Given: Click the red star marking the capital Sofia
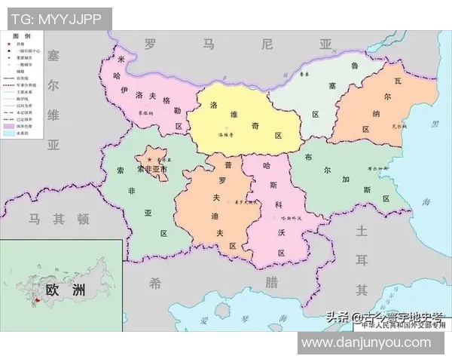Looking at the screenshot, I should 150,161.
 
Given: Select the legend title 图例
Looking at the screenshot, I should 22,36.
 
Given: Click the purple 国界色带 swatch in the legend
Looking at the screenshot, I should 10,124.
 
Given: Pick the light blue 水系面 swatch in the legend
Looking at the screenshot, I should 10,133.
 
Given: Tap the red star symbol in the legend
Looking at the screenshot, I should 10,45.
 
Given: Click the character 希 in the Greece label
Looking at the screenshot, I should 154,283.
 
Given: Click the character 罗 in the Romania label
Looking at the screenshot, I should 150,44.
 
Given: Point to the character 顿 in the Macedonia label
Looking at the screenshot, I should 82,219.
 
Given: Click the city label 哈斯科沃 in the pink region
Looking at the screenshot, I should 289,218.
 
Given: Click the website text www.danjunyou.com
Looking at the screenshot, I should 374,343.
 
